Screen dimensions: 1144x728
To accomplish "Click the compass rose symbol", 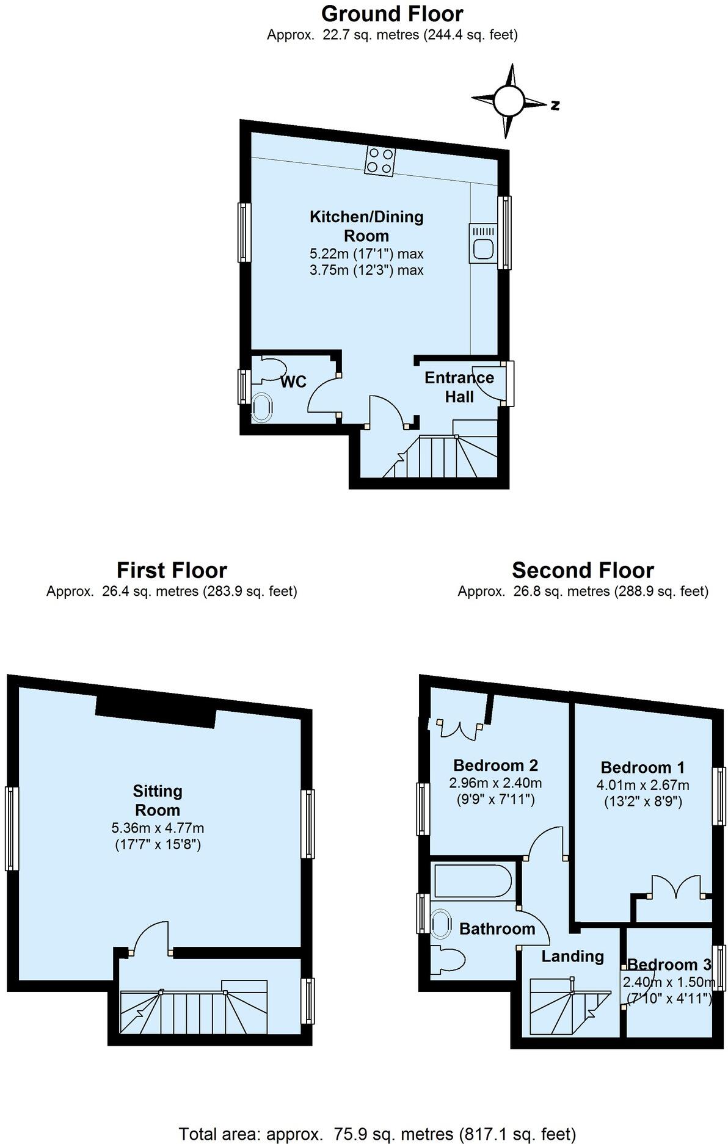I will coord(509,101).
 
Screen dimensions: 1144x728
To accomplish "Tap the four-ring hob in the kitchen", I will coord(379,162).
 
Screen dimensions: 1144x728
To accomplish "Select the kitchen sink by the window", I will coord(483,244).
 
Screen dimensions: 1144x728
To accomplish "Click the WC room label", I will coord(293,382).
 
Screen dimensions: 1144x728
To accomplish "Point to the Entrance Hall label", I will coord(459,387).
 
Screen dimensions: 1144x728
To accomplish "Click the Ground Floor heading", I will coord(392,13).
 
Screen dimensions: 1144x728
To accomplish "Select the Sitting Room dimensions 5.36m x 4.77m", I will coord(158,828).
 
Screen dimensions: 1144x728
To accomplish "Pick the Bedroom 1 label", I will coord(642,767).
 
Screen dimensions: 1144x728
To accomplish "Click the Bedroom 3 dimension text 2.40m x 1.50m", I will coord(668,982).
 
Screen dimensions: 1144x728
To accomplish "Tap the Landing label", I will coord(572,956).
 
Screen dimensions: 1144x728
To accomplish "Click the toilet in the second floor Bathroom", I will coord(445,960).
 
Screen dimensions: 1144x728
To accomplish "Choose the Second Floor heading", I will coord(583,570).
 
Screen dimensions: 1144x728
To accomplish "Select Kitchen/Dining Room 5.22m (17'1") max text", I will coord(366,253).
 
